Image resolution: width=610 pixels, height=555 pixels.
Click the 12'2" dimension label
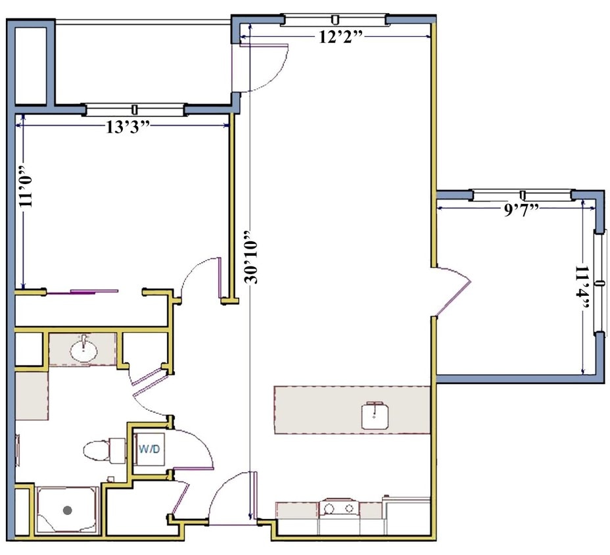(340, 37)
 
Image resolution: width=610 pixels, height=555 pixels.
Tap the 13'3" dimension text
(128, 127)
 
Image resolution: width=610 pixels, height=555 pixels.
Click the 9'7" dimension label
(521, 210)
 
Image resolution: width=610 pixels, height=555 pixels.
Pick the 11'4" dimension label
(582, 288)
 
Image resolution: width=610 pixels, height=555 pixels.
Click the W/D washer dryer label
(149, 449)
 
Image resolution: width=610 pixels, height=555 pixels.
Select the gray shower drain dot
(68, 510)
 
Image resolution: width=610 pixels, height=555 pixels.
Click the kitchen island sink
(375, 416)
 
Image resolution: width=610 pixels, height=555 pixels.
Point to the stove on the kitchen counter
(339, 508)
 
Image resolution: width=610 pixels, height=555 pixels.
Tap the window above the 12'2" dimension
(335, 20)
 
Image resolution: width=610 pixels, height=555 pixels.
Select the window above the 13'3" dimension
(135, 109)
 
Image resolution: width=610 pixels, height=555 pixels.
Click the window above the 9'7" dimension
(523, 195)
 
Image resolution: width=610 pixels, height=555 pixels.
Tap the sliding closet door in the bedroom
(82, 291)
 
